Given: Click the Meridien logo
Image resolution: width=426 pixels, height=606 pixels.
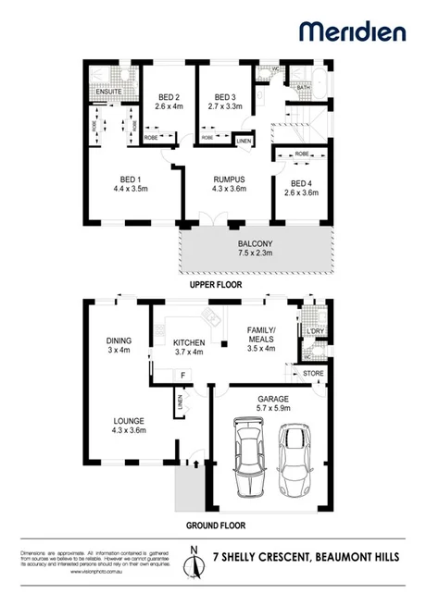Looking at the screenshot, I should pyautogui.click(x=352, y=31).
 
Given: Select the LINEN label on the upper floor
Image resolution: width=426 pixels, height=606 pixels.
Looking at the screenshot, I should pyautogui.click(x=244, y=141).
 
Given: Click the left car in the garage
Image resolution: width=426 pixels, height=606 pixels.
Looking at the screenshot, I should pyautogui.click(x=247, y=461).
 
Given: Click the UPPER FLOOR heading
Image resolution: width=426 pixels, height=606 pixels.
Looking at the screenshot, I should pyautogui.click(x=215, y=287).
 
